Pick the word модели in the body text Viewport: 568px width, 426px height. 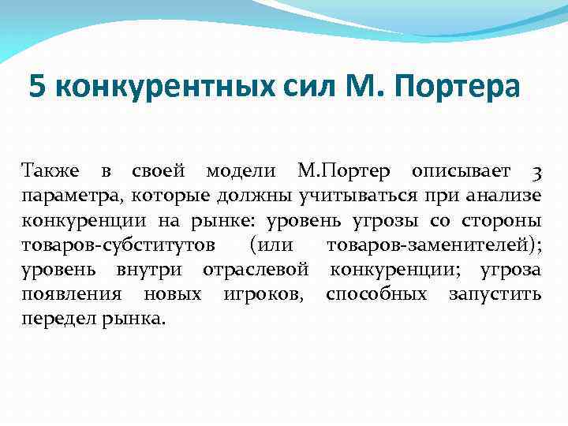click(241, 171)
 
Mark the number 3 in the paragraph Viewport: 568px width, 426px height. click(536, 172)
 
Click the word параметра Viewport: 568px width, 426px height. click(69, 196)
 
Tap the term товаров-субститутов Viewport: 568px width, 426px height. click(117, 245)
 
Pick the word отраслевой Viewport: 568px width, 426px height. click(255, 269)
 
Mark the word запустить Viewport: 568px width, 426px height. click(495, 294)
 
